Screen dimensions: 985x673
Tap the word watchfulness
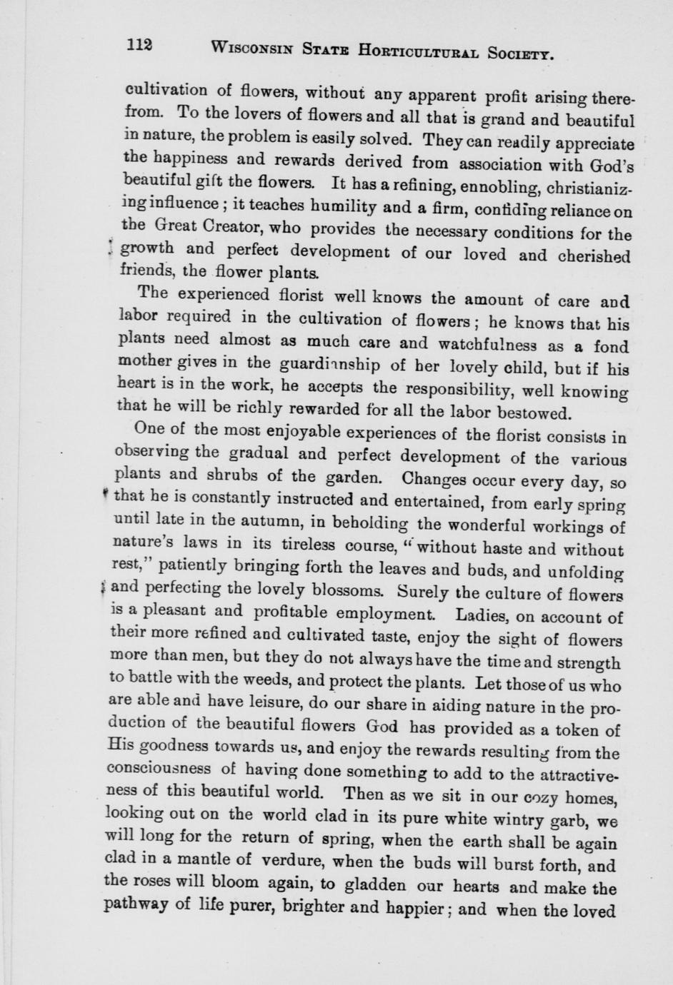pyautogui.click(x=482, y=344)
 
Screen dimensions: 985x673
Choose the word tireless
pyautogui.click(x=317, y=545)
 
